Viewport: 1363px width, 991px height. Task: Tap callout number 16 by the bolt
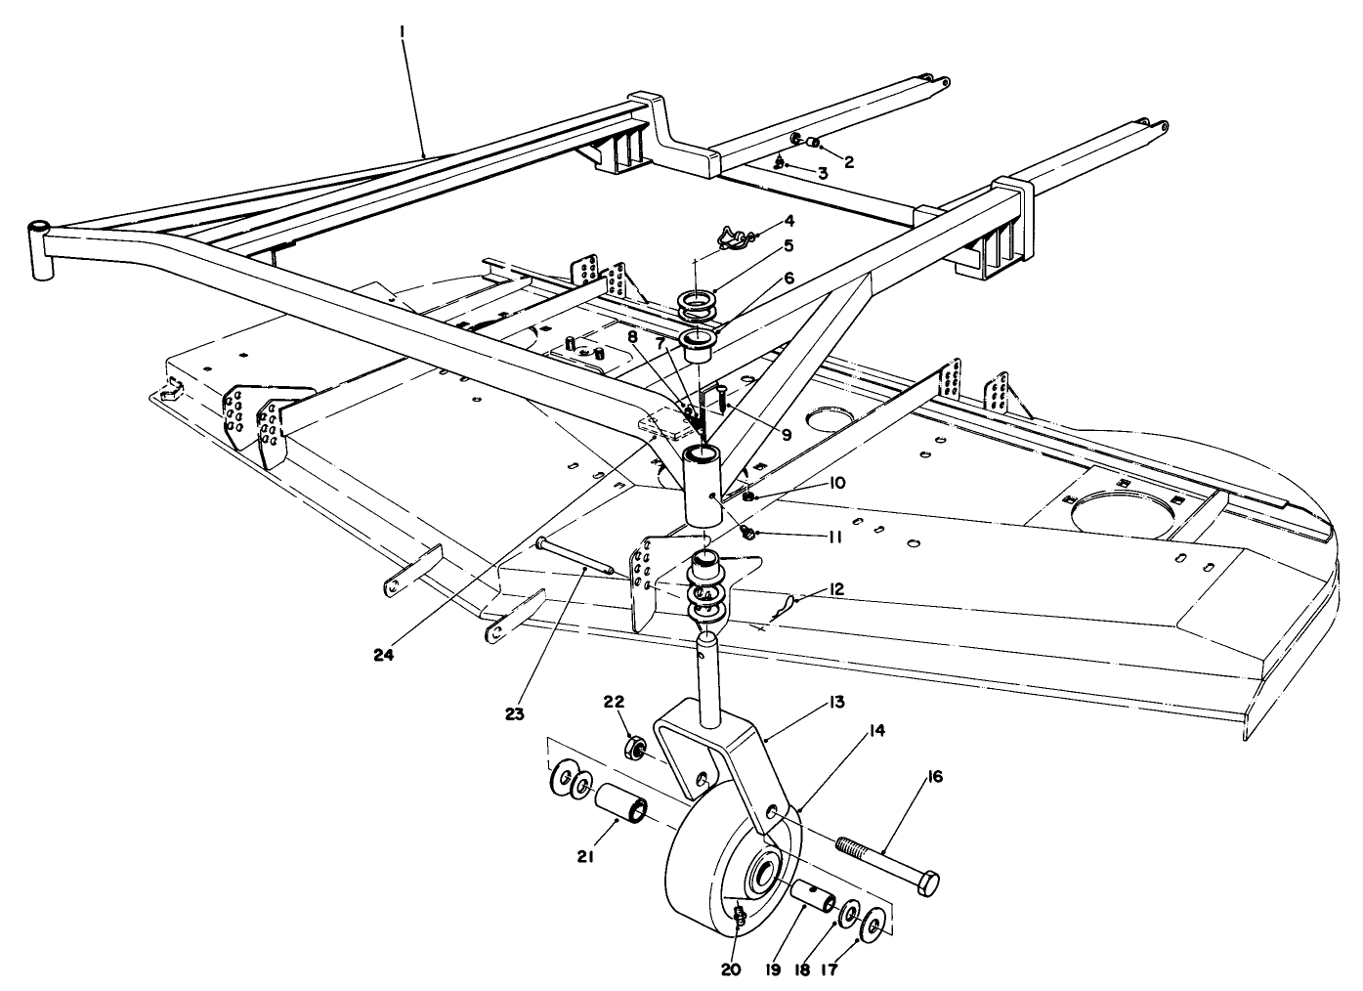[x=935, y=777]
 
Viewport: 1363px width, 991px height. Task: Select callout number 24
[x=384, y=655]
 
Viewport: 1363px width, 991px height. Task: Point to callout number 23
[x=514, y=714]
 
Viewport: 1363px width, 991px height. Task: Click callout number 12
[x=835, y=589]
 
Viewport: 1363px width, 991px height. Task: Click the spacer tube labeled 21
[x=620, y=802]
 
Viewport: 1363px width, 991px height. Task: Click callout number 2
[x=849, y=162]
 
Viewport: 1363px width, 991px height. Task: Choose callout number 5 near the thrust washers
[x=788, y=245]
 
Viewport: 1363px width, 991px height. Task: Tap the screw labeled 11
[x=748, y=534]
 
